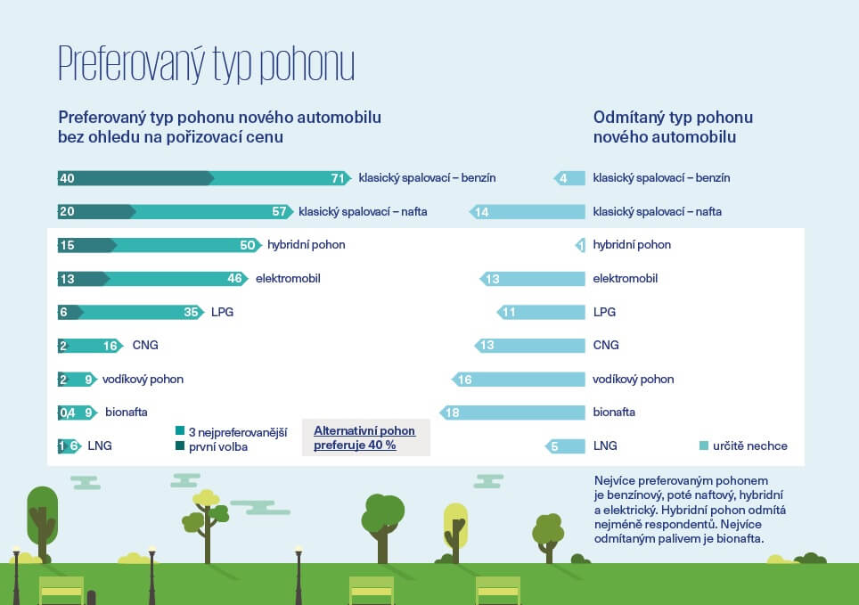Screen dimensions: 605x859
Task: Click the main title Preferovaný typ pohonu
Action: [x=206, y=64]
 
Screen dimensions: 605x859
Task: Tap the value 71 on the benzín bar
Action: [x=338, y=178]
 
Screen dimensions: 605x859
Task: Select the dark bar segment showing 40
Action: [x=134, y=178]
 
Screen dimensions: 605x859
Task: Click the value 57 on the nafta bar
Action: [x=279, y=212]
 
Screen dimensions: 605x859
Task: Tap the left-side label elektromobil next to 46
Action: [x=287, y=279]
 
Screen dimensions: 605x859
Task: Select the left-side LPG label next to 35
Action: [x=222, y=313]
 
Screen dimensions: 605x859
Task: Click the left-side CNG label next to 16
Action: [x=144, y=346]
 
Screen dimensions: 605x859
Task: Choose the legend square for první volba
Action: [x=179, y=446]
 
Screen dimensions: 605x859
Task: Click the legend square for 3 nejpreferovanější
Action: [x=179, y=431]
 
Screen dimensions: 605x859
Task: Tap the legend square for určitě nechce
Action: [x=704, y=446]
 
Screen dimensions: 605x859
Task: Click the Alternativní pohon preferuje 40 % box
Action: [x=365, y=437]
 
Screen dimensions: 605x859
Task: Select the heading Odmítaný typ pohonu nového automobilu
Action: [x=673, y=127]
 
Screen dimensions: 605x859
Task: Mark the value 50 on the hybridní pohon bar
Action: [x=248, y=245]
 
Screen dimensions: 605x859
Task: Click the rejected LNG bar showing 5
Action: [x=565, y=446]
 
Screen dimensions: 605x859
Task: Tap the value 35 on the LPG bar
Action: [x=191, y=313]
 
